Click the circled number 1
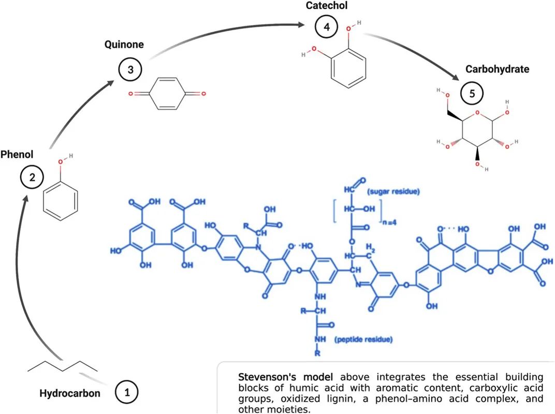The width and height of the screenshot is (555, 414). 126,392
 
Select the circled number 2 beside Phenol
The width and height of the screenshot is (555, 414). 32,178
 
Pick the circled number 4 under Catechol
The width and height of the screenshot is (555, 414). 326,27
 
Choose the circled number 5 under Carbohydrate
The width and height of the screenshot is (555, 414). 472,94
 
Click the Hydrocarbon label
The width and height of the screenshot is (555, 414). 69,393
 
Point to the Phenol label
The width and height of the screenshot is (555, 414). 17,154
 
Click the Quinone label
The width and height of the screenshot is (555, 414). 124,45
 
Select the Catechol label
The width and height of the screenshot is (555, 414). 326,6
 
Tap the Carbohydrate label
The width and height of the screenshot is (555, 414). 497,69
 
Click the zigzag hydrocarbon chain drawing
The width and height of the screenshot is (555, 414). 62,366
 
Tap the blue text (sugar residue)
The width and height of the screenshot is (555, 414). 393,192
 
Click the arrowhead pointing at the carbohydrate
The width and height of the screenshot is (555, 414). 456,77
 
